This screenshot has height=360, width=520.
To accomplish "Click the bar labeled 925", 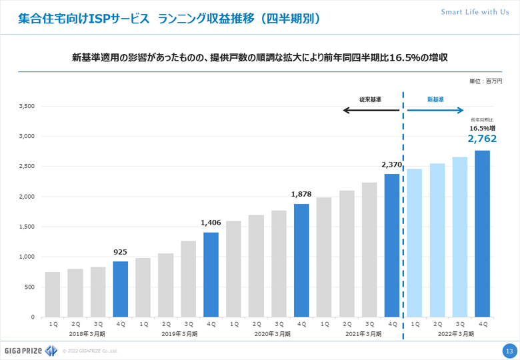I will (x=121, y=289).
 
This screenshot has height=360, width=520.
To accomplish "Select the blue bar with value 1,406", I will (x=211, y=274).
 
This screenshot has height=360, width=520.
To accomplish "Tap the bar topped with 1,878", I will (x=301, y=260).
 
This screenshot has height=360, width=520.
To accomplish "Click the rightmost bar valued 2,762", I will (x=482, y=233).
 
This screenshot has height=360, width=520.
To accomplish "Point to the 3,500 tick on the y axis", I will (x=27, y=106).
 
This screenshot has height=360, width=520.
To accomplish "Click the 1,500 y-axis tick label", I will (x=27, y=227).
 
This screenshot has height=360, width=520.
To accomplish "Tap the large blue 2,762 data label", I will (x=482, y=139).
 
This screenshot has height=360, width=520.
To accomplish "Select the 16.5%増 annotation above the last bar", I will (x=482, y=127).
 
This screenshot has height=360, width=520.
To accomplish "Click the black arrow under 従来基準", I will (x=371, y=110).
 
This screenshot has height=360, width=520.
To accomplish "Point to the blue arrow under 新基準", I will (x=435, y=110).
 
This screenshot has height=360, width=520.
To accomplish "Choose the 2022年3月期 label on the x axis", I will (x=448, y=333).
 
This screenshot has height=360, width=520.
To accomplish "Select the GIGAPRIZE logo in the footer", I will (x=29, y=350).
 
